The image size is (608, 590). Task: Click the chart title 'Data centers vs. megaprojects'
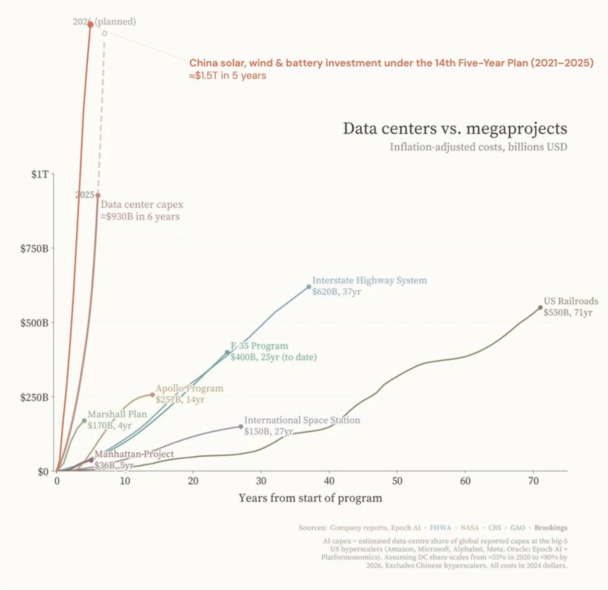tap(454, 129)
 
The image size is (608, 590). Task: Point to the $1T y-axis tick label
tap(40, 175)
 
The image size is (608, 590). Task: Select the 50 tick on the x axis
tap(397, 481)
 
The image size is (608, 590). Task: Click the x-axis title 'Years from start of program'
tap(310, 498)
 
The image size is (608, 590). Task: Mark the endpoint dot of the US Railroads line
tap(540, 307)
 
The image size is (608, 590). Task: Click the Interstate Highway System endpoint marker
tap(309, 287)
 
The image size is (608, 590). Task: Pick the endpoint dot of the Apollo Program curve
tap(152, 395)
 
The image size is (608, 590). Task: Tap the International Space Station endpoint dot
tap(241, 426)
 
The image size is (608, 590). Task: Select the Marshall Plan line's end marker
tap(84, 421)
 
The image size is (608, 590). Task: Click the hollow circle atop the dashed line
tap(104, 33)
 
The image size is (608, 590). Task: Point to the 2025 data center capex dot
tap(98, 195)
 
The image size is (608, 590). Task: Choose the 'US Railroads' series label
tap(571, 301)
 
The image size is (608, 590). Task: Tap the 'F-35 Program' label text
tap(259, 346)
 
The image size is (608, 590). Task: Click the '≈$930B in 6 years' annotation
tap(140, 217)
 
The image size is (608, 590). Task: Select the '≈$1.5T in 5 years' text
tap(227, 76)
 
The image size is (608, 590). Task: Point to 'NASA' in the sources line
tap(469, 528)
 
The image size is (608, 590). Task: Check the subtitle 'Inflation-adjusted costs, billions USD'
tap(478, 147)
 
